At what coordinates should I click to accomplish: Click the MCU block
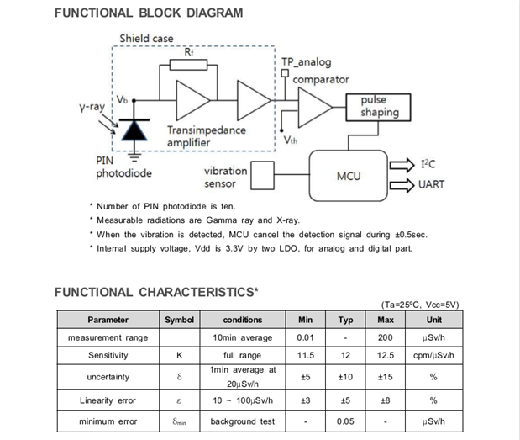[x=349, y=177]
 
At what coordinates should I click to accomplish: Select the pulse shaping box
[x=374, y=106]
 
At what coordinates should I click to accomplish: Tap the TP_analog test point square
[x=286, y=73]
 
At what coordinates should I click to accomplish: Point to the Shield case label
[x=146, y=39]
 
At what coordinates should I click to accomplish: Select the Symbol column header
[x=179, y=320]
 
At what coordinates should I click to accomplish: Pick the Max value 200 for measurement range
[x=386, y=337]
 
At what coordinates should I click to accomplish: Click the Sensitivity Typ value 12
[x=345, y=355]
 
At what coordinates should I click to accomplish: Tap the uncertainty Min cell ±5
[x=305, y=377]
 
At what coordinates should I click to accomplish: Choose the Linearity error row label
[x=108, y=400]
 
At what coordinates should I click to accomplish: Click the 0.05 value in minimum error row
[x=345, y=421]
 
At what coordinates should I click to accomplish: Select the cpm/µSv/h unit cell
[x=433, y=355]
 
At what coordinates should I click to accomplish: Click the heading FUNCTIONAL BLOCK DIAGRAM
[x=149, y=13]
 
